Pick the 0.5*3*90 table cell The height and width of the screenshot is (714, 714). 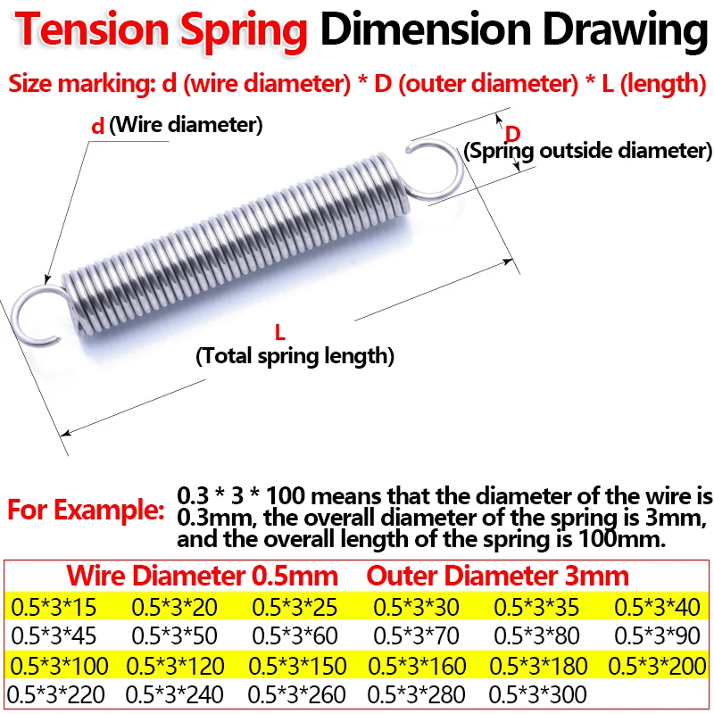pos(657,636)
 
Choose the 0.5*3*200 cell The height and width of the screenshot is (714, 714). pos(657,665)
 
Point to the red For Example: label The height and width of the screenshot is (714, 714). pos(86,512)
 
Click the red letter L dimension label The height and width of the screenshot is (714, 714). pos(279,334)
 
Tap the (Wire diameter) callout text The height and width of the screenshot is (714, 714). pos(186,125)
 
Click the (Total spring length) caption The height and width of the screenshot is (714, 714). pos(295,356)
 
